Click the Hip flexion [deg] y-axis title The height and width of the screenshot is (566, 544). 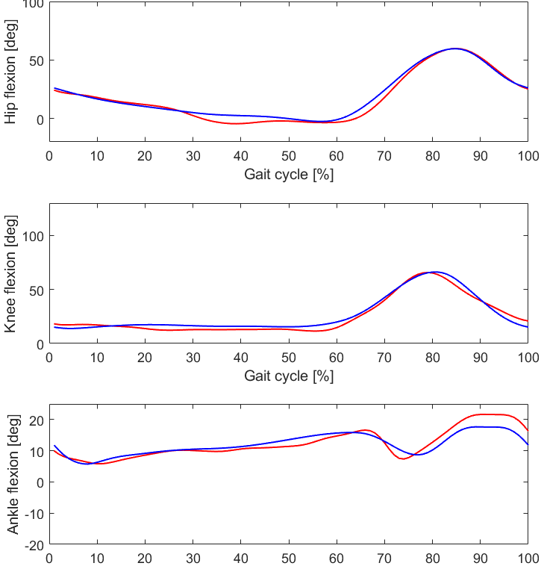[x=10, y=71]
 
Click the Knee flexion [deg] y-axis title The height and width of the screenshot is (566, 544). [x=10, y=274]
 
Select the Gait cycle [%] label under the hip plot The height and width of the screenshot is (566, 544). [x=289, y=175]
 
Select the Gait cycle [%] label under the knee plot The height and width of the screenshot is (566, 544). [x=289, y=376]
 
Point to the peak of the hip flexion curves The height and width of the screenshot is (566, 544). [x=454, y=49]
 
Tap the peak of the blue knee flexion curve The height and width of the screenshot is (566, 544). [x=436, y=272]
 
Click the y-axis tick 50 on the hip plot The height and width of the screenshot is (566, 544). [x=34, y=60]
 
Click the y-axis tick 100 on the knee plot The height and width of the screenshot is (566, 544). [x=30, y=236]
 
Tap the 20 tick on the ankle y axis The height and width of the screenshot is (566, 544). [x=34, y=420]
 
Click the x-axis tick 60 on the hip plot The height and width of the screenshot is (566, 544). [x=337, y=156]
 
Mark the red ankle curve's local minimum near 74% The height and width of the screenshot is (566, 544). [x=403, y=458]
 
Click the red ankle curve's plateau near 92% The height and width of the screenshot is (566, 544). [x=489, y=414]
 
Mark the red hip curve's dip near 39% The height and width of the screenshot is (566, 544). [x=236, y=123]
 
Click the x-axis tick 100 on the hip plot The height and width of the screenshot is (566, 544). [x=528, y=156]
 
